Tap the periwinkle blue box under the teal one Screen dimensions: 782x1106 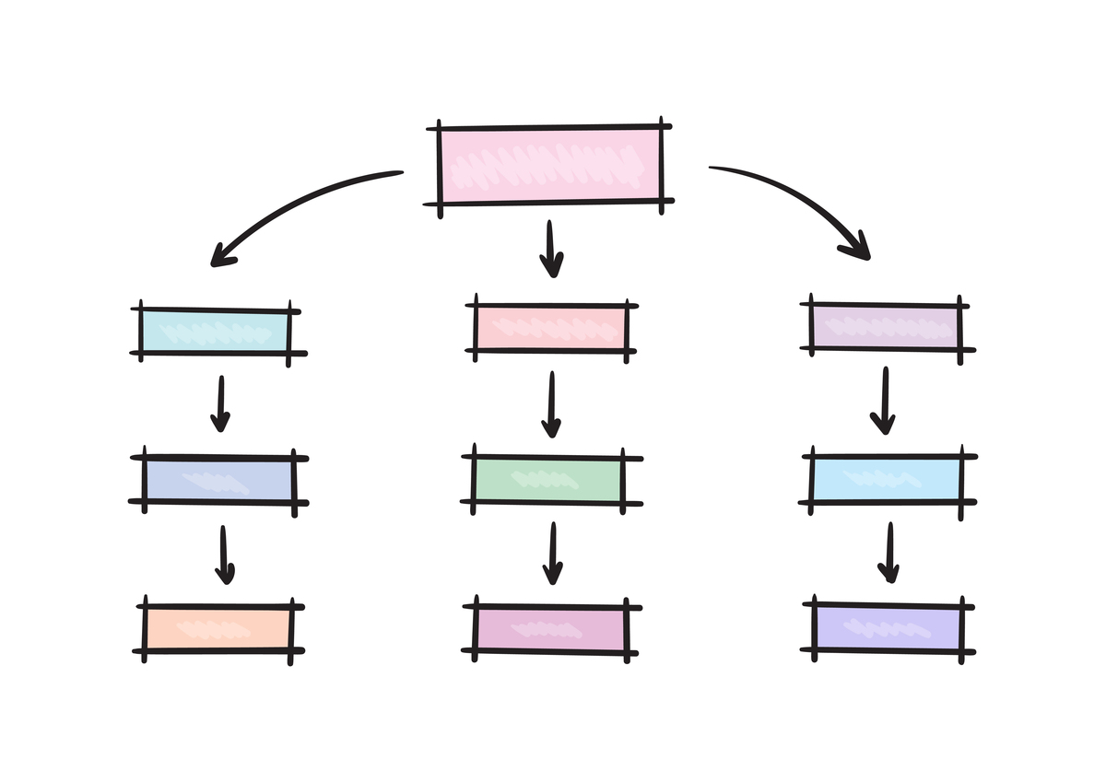(x=218, y=480)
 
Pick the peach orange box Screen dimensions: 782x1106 (x=218, y=629)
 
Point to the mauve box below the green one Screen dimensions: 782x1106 (x=550, y=629)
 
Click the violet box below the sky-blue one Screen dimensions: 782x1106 (x=886, y=626)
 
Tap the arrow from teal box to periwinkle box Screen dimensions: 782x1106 (x=219, y=403)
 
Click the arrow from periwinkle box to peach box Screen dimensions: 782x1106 (x=223, y=554)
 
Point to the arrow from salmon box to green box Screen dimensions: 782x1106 (x=550, y=404)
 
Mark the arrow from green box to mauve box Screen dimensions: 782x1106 (x=551, y=554)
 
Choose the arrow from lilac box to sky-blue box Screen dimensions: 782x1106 (x=883, y=400)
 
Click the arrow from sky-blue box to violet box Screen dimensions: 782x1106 (x=888, y=553)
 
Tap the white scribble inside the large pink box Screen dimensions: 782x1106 (x=549, y=171)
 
